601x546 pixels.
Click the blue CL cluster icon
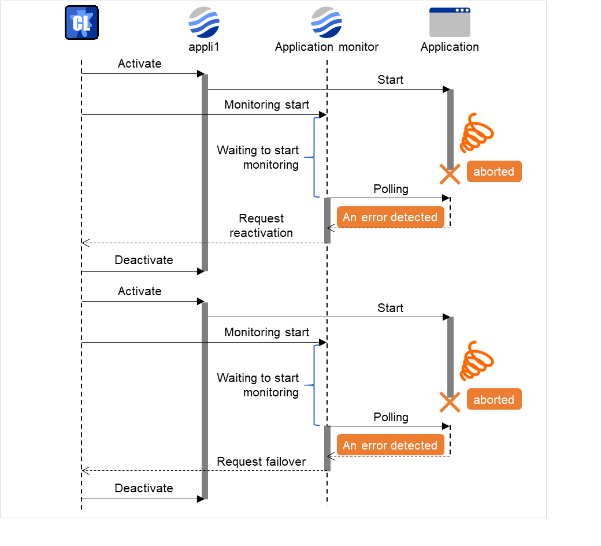point(81,23)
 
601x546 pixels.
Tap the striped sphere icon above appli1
point(204,23)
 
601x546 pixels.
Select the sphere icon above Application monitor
point(327,23)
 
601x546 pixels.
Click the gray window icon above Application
point(450,23)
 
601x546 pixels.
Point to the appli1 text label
point(204,47)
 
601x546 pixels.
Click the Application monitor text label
point(327,47)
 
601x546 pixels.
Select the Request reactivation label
point(261,226)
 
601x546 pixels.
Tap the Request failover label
point(261,461)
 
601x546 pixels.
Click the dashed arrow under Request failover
point(202,471)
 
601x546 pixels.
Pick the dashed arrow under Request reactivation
point(202,243)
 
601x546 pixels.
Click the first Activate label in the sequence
point(139,64)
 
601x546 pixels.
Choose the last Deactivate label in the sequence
point(143,488)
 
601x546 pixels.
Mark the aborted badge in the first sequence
point(494,172)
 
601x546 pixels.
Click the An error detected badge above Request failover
point(390,445)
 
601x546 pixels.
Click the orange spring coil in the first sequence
point(477,133)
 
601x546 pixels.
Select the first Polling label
point(391,189)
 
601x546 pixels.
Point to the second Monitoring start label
point(266,332)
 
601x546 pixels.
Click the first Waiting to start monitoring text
point(258,158)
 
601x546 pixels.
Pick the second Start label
point(390,308)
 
